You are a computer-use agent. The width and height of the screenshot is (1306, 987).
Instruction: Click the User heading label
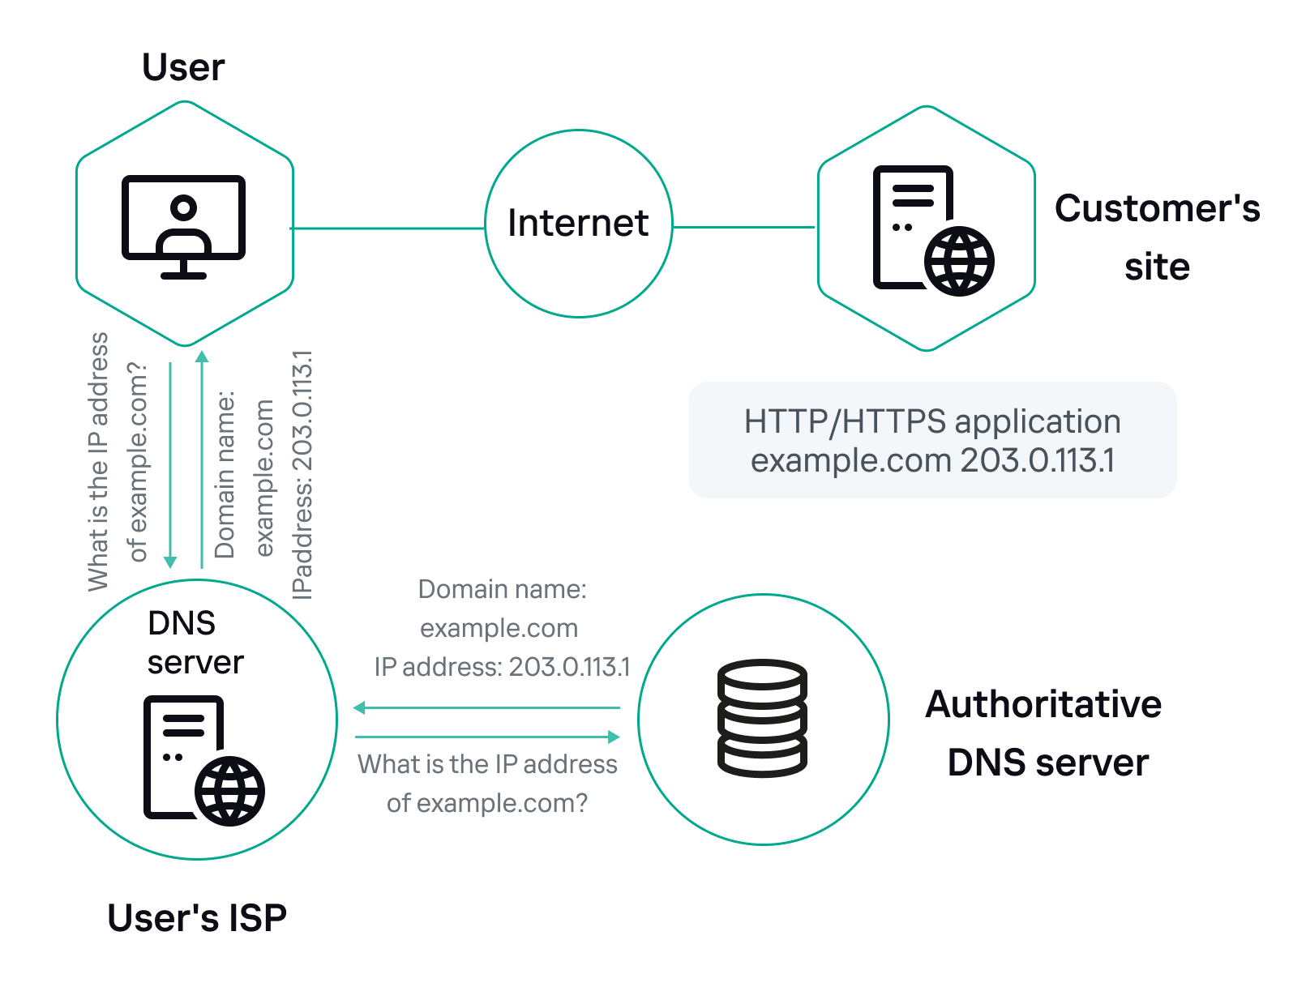183,67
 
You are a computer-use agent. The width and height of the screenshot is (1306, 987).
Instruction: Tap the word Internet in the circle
578,223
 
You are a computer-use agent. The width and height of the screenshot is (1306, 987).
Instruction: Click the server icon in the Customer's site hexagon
932,230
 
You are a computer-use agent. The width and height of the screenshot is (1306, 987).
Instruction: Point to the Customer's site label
1157,237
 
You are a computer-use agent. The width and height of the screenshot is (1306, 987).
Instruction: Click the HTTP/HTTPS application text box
932,440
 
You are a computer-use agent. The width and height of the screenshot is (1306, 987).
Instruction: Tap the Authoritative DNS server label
1045,733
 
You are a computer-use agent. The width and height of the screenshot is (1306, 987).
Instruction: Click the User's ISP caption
197,918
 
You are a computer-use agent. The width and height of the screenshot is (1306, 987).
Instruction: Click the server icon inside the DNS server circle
203,760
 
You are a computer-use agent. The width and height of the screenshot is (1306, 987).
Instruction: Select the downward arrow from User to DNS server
170,466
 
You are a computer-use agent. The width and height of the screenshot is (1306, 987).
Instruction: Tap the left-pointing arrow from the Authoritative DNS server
486,707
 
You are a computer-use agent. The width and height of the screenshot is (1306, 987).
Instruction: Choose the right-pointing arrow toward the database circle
487,737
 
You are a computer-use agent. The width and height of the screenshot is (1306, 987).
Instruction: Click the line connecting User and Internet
388,229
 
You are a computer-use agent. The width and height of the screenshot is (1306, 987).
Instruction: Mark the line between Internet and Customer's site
743,227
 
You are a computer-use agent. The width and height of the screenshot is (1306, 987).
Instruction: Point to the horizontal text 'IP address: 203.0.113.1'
502,667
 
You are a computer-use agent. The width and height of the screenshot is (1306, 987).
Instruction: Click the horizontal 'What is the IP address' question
487,764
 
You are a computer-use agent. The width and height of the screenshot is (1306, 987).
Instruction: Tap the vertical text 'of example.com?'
138,462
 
